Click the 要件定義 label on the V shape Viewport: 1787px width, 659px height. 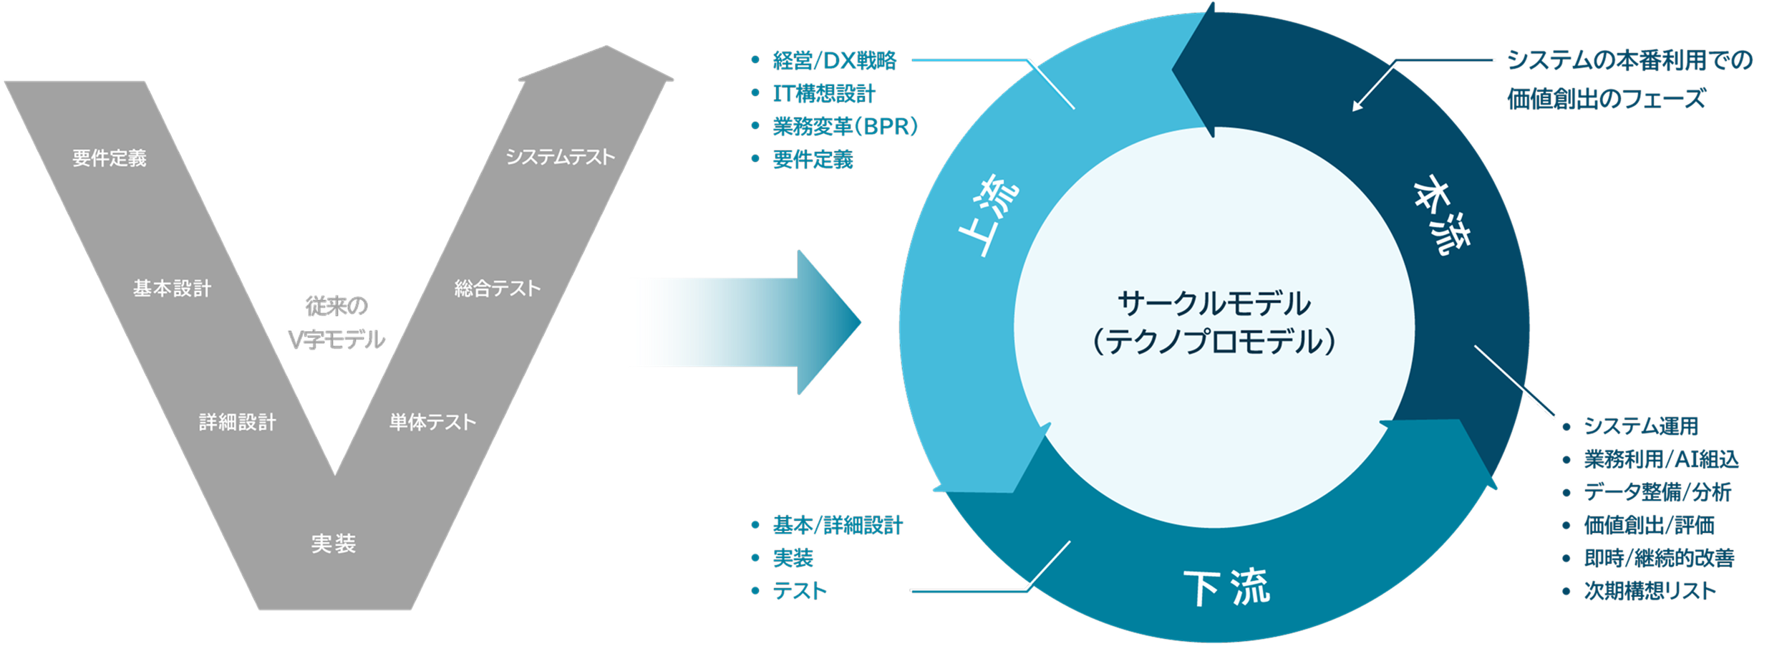click(x=110, y=158)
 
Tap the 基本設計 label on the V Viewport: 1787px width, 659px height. click(x=172, y=289)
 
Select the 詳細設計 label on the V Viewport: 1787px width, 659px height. click(x=237, y=422)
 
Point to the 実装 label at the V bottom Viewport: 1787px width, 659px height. click(x=333, y=544)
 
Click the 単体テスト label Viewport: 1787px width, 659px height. click(x=432, y=422)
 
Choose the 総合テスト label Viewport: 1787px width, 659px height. click(x=497, y=289)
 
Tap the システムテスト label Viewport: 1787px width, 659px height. click(x=560, y=157)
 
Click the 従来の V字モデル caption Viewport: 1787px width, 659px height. click(x=336, y=322)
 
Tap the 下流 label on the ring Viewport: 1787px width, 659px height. click(x=1226, y=587)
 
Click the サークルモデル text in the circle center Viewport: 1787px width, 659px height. click(x=1214, y=304)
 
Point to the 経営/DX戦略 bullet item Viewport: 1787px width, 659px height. click(x=834, y=61)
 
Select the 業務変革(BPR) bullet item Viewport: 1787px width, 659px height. click(x=845, y=127)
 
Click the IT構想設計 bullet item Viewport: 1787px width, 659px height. click(x=823, y=94)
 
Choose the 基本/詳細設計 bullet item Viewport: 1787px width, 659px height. click(x=838, y=526)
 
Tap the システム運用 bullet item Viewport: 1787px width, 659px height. click(x=1640, y=426)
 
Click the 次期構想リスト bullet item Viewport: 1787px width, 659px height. click(x=1650, y=591)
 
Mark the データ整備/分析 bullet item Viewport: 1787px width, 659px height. click(x=1657, y=492)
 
